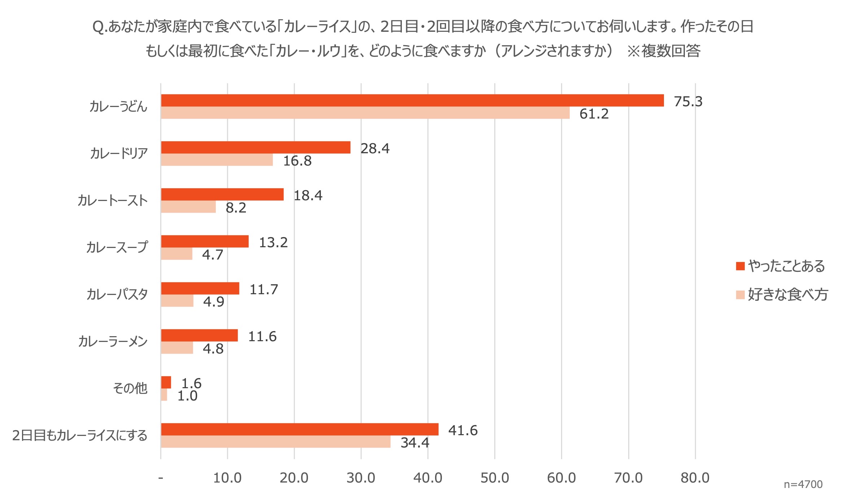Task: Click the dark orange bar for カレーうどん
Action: click(x=412, y=100)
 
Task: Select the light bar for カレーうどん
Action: click(x=365, y=113)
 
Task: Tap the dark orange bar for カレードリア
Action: click(x=256, y=147)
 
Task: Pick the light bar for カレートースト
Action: click(x=188, y=207)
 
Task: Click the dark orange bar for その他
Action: click(x=166, y=382)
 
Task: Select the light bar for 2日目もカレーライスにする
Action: click(x=276, y=442)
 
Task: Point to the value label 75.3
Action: click(x=688, y=102)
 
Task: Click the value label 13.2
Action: click(x=273, y=243)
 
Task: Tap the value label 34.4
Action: click(x=415, y=443)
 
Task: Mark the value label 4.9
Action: click(x=214, y=302)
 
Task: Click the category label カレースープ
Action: click(x=117, y=247)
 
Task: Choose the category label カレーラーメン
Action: click(x=113, y=341)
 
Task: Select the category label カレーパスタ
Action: click(x=117, y=294)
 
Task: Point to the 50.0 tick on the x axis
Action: click(x=495, y=478)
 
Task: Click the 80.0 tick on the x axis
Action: click(x=695, y=478)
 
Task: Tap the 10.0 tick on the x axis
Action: click(x=227, y=478)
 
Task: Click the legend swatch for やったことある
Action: click(x=740, y=266)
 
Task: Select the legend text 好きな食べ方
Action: click(x=788, y=295)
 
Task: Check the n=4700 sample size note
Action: click(x=803, y=484)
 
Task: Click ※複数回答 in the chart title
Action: click(x=664, y=51)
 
